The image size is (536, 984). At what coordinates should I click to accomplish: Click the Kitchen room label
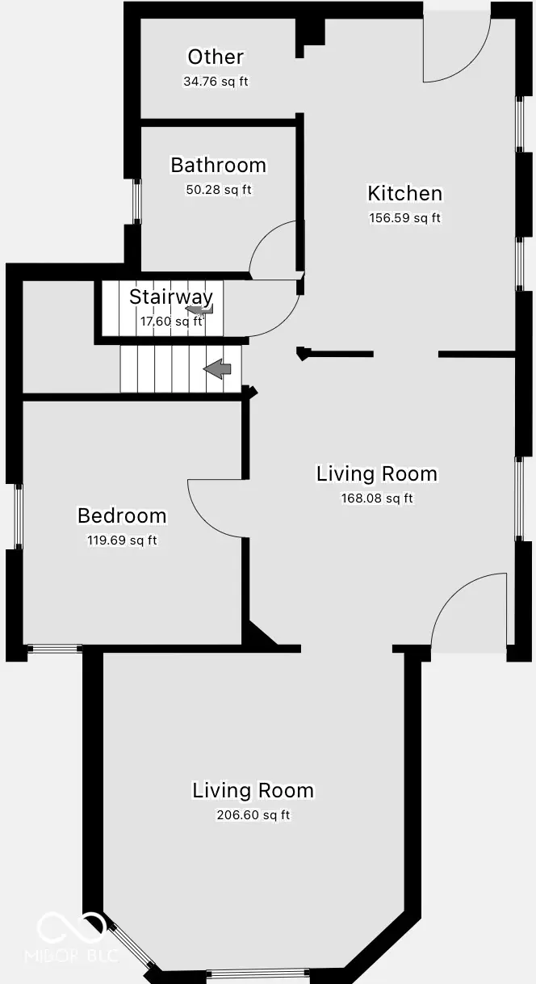tap(404, 194)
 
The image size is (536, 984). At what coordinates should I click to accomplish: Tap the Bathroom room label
tap(218, 166)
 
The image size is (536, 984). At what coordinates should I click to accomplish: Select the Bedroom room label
tap(122, 515)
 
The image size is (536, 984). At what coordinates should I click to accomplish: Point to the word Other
tap(216, 57)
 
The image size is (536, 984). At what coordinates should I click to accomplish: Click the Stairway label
tap(170, 296)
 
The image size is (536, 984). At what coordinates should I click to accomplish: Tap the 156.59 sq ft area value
tap(404, 217)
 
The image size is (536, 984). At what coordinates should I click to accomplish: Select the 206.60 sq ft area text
tap(253, 815)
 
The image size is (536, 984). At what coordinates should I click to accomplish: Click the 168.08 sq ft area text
tap(377, 498)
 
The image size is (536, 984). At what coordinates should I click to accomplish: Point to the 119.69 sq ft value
tap(122, 540)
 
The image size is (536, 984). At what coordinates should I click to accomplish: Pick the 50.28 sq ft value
tap(218, 190)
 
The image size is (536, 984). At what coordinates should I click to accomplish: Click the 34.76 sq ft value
tap(216, 82)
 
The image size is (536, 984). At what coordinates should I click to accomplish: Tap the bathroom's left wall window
tap(136, 201)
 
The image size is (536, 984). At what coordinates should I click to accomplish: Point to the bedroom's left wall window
tap(19, 516)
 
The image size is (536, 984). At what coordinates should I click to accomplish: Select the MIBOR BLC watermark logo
tap(71, 937)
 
